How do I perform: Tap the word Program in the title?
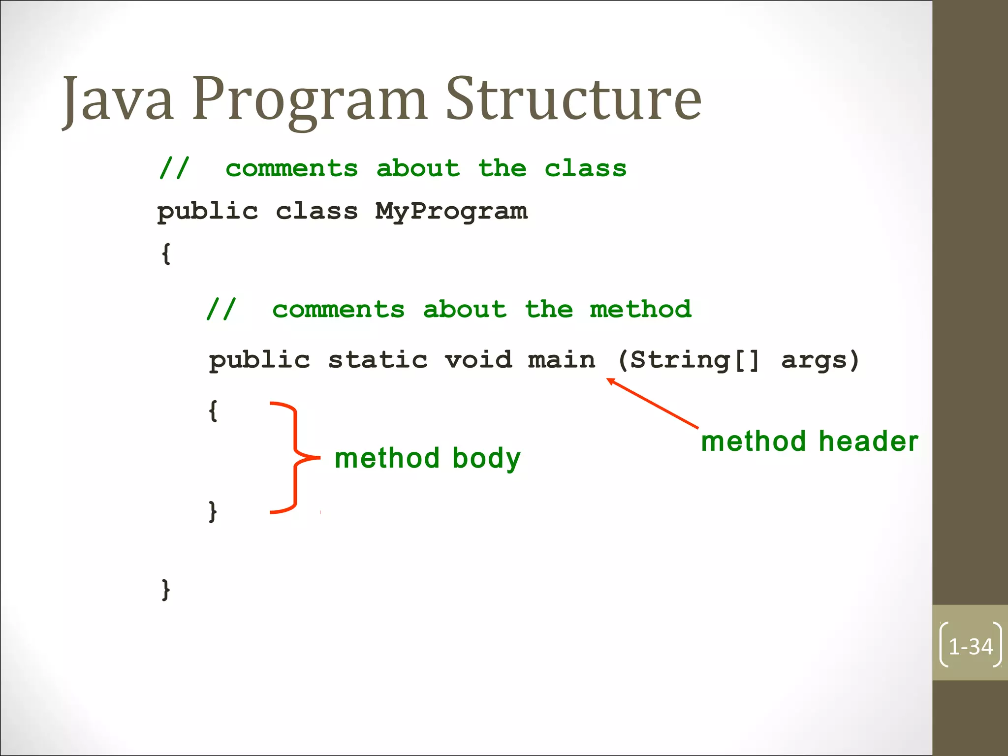coord(309,101)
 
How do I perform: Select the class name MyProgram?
coord(451,212)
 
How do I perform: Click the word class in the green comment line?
coord(585,169)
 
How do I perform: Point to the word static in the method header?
coord(378,360)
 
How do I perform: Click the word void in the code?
coord(478,360)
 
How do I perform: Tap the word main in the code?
coord(561,360)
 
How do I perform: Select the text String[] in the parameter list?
coord(694,361)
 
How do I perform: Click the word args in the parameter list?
coord(815,361)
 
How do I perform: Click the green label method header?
coord(809,441)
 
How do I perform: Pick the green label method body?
coord(427,459)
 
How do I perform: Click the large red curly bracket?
coord(295,458)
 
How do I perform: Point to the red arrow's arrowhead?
coord(610,380)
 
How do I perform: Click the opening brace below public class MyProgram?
coord(166,254)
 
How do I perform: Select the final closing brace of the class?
coord(166,589)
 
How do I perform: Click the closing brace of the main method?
coord(213,511)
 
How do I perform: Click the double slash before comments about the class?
coord(174,169)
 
